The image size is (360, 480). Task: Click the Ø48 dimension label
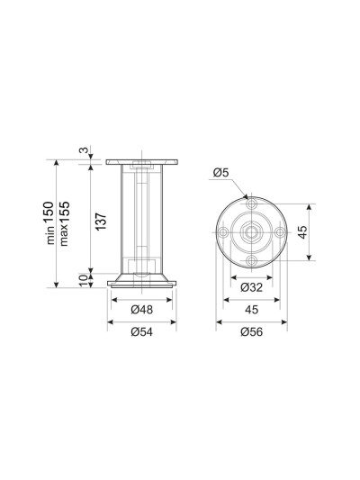click(141, 310)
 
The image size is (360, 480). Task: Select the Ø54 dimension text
click(141, 331)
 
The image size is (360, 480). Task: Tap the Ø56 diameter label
click(251, 331)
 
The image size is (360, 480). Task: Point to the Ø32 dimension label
click(251, 287)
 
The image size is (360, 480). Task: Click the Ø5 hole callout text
click(220, 173)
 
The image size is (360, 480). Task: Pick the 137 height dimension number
click(101, 222)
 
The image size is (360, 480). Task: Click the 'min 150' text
click(49, 222)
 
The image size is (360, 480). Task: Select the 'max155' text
click(65, 223)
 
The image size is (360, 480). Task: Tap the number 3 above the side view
click(84, 150)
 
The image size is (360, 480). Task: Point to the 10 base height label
click(84, 280)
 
